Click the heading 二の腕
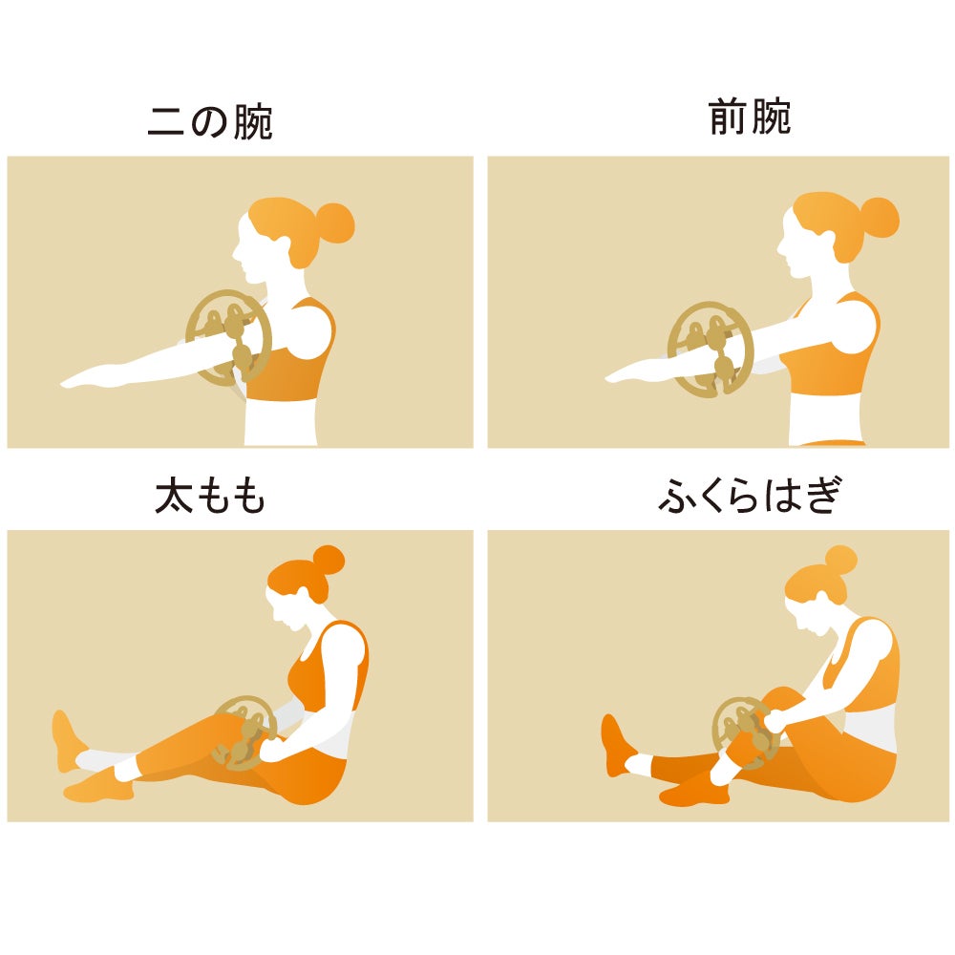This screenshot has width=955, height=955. pyautogui.click(x=210, y=122)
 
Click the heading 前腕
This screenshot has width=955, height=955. pyautogui.click(x=750, y=117)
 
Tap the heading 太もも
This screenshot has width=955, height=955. pyautogui.click(x=210, y=496)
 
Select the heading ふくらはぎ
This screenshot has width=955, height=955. pyautogui.click(x=751, y=495)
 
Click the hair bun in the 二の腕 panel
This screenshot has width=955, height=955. pyautogui.click(x=333, y=223)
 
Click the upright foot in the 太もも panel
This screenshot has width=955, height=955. pyautogui.click(x=67, y=739)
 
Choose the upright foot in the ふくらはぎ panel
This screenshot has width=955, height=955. pyautogui.click(x=616, y=745)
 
